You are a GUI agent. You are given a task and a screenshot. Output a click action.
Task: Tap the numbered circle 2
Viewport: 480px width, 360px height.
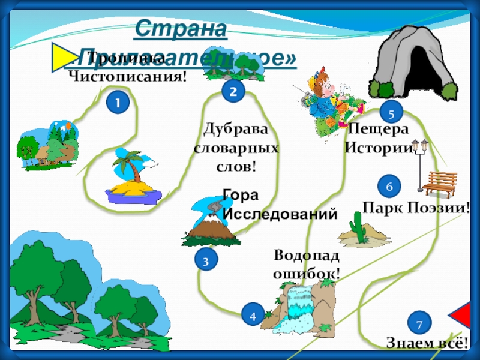click(x=233, y=91)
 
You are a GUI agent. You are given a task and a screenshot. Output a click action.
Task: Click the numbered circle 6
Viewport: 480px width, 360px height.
click(x=389, y=187)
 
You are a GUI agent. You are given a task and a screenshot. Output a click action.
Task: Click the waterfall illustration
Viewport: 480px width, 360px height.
click(x=297, y=307)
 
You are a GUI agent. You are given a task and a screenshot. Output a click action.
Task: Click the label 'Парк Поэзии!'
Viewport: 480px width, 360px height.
click(x=416, y=208)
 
